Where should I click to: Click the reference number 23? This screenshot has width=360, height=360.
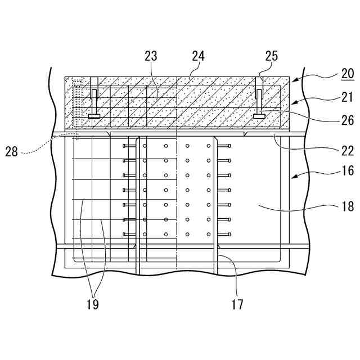[150, 56]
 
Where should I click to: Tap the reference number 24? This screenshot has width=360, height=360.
[197, 56]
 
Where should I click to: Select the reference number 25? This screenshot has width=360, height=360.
[271, 56]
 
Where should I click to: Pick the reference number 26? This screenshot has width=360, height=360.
[347, 120]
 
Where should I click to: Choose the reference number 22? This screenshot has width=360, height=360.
[347, 150]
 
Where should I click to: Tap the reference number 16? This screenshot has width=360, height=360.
[347, 171]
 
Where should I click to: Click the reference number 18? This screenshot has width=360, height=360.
[347, 206]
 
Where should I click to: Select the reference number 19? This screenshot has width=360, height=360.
[93, 304]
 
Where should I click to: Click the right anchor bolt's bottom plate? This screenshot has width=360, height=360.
[259, 116]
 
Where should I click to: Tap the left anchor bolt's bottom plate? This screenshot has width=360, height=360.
[94, 116]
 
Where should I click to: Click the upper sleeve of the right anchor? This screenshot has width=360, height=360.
[259, 93]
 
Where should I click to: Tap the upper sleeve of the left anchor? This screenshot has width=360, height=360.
[94, 93]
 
